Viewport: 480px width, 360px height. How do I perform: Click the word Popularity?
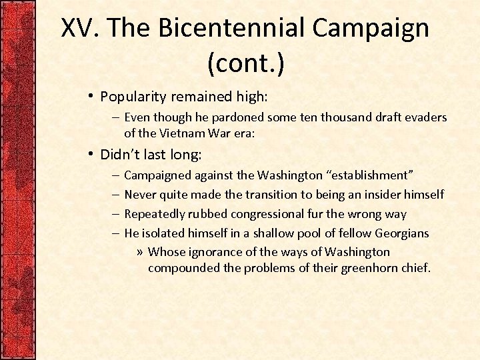132,97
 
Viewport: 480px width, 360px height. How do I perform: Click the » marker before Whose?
139,252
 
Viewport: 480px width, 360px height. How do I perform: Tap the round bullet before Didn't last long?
90,155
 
